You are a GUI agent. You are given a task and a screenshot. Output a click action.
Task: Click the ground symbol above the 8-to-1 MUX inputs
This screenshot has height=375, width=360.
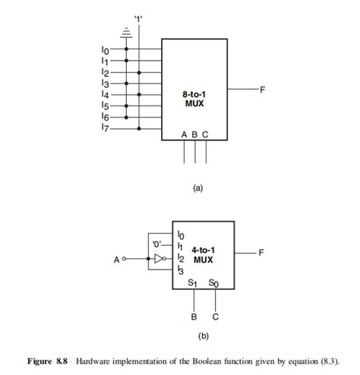click(x=126, y=32)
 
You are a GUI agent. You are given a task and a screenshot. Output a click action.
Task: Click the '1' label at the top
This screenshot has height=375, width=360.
click(x=139, y=18)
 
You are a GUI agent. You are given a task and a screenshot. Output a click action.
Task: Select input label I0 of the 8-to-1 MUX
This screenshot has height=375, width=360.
click(x=105, y=50)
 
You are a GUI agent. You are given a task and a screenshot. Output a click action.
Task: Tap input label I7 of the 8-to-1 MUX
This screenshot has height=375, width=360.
click(x=105, y=129)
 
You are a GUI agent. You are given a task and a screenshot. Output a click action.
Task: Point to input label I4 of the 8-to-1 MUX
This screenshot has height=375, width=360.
click(x=105, y=96)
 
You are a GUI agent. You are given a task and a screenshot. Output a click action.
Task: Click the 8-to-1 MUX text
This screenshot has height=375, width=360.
click(x=194, y=98)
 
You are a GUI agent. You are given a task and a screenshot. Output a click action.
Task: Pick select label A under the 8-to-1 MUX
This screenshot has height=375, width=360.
click(x=184, y=134)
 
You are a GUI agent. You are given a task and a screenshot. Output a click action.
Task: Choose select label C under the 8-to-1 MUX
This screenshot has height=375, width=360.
click(x=206, y=134)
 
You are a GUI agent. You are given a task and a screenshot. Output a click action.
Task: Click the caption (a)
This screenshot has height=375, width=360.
click(x=198, y=190)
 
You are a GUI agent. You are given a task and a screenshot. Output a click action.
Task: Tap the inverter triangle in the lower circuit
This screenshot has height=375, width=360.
click(x=158, y=259)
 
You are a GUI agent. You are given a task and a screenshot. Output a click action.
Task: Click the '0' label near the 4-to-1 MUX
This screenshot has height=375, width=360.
click(x=158, y=244)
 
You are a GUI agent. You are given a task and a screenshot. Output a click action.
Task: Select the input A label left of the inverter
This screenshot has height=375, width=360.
click(x=118, y=259)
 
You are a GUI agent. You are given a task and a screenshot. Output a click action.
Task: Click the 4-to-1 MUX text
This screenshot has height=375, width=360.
click(x=203, y=254)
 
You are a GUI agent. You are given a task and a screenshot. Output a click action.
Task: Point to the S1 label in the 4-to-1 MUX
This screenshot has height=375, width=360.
click(x=192, y=283)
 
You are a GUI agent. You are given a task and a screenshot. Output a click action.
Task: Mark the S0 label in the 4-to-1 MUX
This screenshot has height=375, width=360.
click(x=214, y=283)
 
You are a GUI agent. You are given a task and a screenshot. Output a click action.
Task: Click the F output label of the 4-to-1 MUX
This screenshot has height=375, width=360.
click(x=262, y=252)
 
